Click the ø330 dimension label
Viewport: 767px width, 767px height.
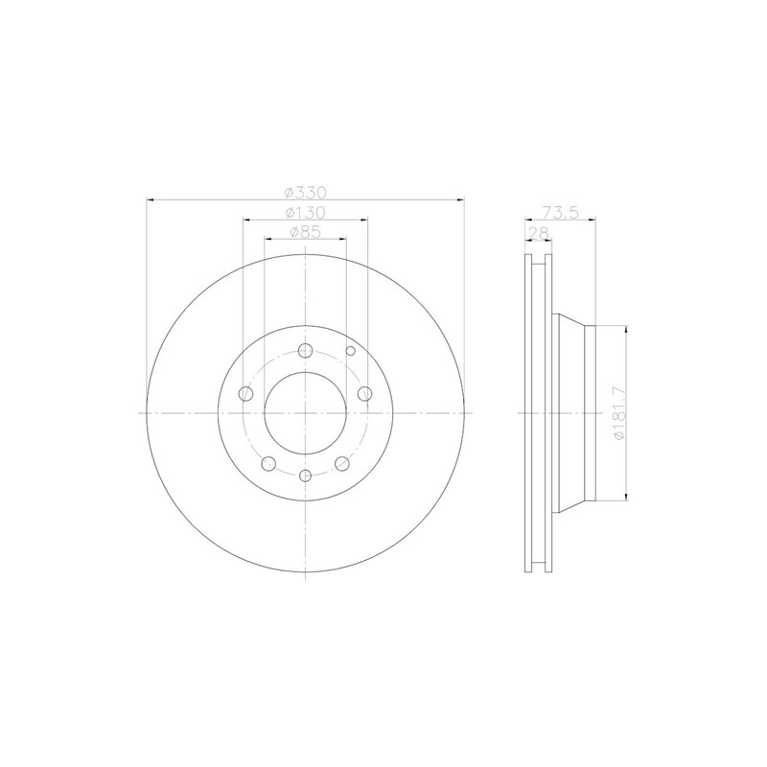point(305,193)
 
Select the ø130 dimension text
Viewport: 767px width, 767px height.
point(305,213)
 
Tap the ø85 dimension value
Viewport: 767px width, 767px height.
point(305,232)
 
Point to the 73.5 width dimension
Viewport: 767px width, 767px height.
point(560,212)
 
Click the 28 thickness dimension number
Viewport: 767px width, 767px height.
point(537,232)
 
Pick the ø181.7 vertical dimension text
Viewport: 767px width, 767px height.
point(618,413)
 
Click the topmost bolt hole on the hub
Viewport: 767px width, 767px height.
point(305,350)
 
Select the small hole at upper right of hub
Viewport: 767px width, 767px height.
point(351,351)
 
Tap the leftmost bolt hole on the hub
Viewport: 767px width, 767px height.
point(245,393)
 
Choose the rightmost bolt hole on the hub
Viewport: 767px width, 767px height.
point(365,393)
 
